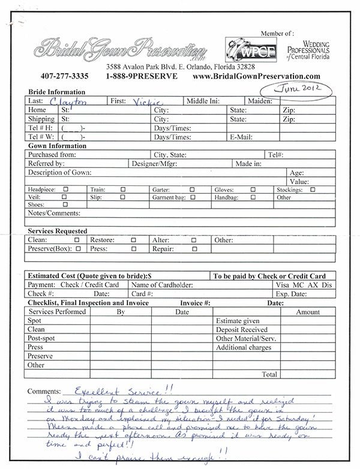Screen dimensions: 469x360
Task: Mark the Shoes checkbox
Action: pos(65,204)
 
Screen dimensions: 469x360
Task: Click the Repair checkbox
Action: pos(193,248)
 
